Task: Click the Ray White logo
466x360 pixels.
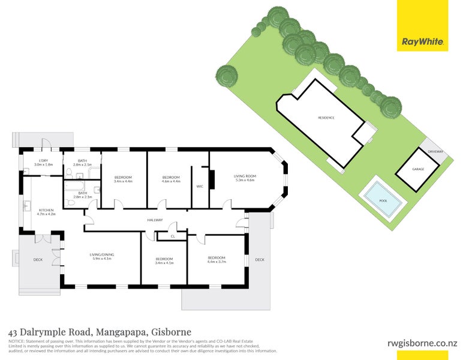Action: pos(422,42)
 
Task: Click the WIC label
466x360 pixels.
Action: pos(200,187)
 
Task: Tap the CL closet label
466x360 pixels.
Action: pos(172,236)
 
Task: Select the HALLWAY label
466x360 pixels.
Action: pos(155,220)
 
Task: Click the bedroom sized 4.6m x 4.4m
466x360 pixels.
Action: pos(171,179)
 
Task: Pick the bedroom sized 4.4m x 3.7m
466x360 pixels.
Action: pos(217,259)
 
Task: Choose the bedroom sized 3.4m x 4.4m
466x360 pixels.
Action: pos(123,179)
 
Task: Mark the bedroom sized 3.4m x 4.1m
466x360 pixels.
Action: pos(164,261)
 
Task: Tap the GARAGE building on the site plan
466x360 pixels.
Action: pos(417,169)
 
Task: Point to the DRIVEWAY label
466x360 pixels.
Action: pos(436,152)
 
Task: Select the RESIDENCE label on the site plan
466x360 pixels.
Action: pos(326,118)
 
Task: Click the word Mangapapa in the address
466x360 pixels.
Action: pos(121,332)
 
